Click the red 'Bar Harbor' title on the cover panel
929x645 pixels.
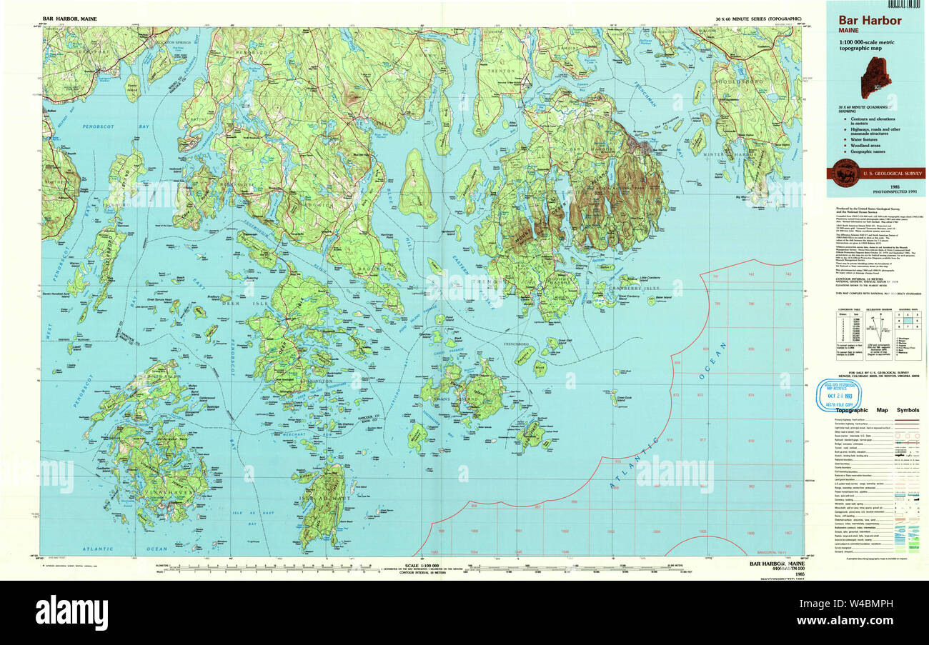pos(870,21)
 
